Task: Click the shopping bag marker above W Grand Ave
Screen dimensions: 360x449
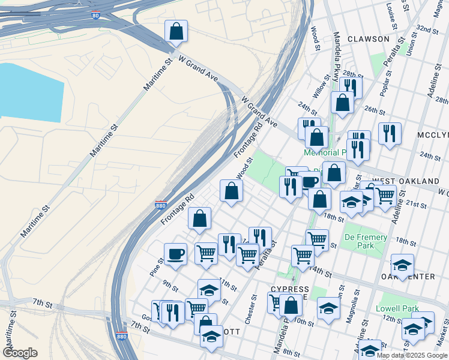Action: [x=176, y=31]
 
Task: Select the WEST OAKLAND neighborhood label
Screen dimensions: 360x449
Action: [x=405, y=181]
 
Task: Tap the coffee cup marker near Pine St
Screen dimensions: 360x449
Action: [x=176, y=253]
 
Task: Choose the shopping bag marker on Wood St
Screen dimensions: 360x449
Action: [x=232, y=191]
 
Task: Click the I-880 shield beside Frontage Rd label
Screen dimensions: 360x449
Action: [x=160, y=205]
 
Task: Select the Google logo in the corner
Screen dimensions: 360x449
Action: [x=20, y=353]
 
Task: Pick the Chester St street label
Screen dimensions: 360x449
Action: [x=255, y=306]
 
